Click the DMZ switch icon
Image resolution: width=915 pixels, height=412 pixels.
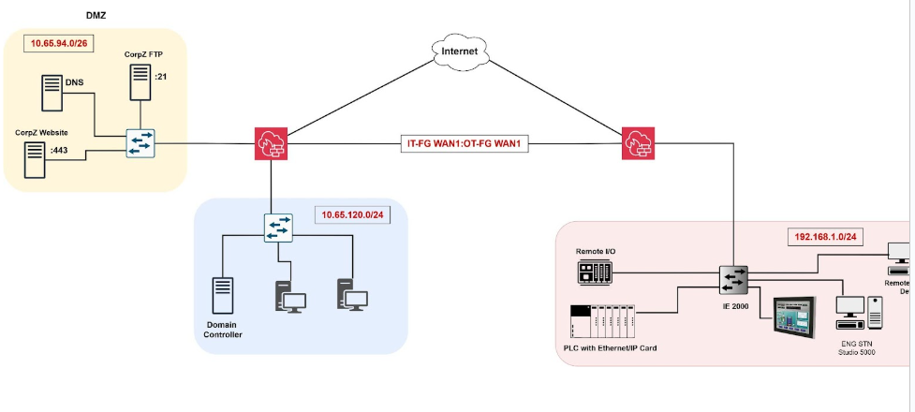click(x=140, y=143)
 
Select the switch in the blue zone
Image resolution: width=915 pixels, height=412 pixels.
click(x=278, y=228)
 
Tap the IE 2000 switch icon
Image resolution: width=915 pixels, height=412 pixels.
click(x=732, y=279)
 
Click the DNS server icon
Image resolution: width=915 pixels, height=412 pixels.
click(x=51, y=94)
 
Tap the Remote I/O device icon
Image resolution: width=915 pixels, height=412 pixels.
click(x=596, y=272)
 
